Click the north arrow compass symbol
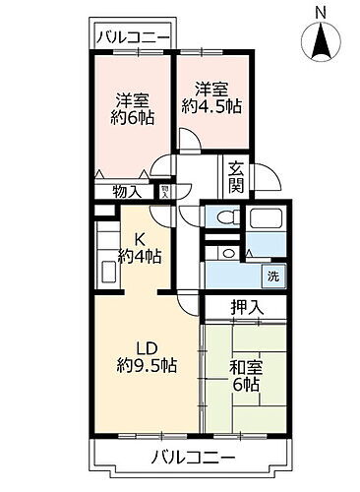click(320, 43)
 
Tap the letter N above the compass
click(320, 11)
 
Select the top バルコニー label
click(133, 37)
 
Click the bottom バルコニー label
click(194, 458)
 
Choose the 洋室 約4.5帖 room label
click(210, 94)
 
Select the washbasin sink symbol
click(227, 254)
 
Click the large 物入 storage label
click(127, 192)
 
